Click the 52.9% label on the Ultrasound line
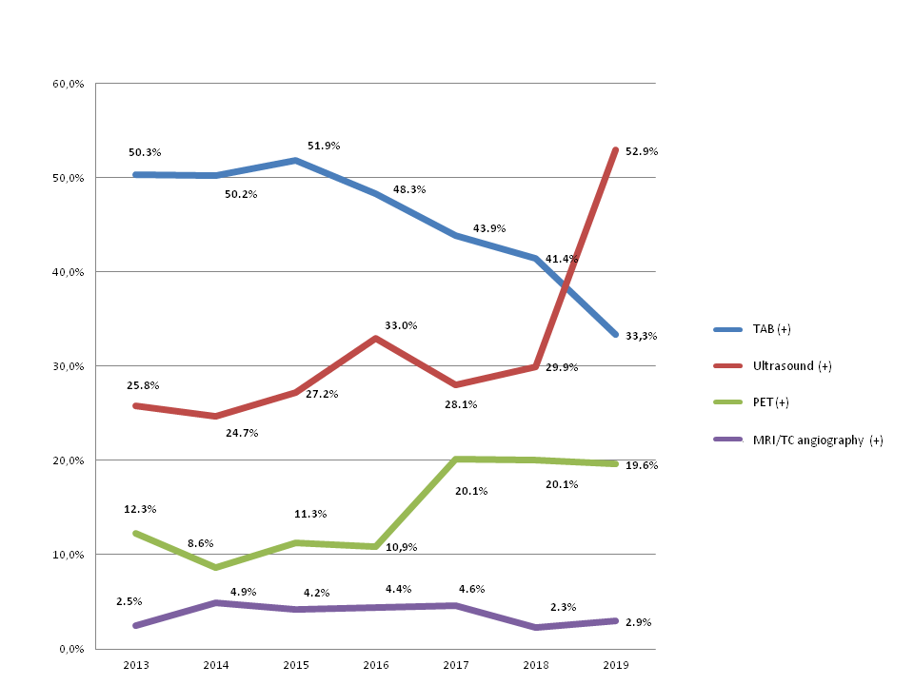pos(642,151)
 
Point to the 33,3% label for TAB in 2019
pos(642,335)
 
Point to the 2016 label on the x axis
pos(376,663)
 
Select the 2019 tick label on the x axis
pos(617,663)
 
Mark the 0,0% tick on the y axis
pos(73,649)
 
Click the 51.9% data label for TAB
pos(323,146)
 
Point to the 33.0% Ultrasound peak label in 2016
pos(401,325)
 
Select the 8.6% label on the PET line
pos(200,543)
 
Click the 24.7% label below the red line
pos(241,433)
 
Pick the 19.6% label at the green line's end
pos(642,465)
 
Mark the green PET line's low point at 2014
pos(215,567)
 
